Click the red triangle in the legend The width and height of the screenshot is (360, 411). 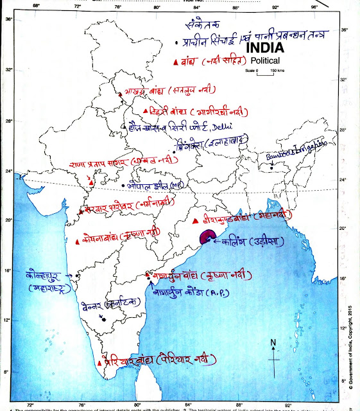coord(176,62)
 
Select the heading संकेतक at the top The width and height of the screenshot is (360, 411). coord(201,25)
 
